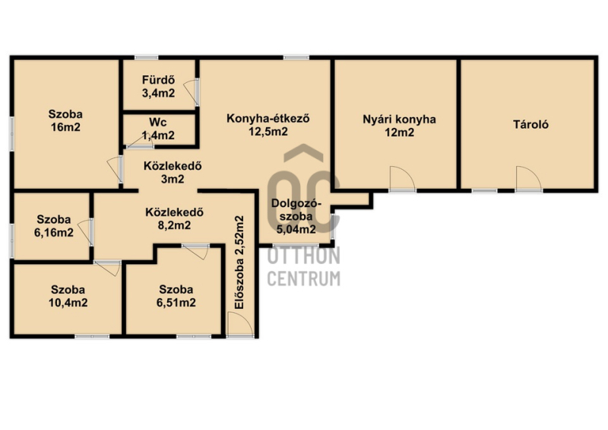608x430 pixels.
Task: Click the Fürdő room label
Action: pyautogui.click(x=158, y=80)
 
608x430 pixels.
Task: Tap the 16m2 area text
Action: pyautogui.click(x=65, y=127)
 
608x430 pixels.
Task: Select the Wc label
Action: pyautogui.click(x=158, y=123)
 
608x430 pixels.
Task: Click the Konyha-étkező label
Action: pyautogui.click(x=268, y=118)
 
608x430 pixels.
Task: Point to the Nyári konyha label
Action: pyautogui.click(x=400, y=119)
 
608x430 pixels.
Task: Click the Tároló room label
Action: pyautogui.click(x=530, y=124)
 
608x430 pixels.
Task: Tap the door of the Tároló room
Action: pyautogui.click(x=528, y=179)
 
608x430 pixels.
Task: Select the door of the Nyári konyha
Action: pyautogui.click(x=402, y=179)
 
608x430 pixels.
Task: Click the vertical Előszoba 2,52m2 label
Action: pyautogui.click(x=239, y=263)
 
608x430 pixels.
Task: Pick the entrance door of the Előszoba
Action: pyautogui.click(x=241, y=325)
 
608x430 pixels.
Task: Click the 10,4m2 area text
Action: pyautogui.click(x=68, y=303)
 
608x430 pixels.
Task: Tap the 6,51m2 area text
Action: pyautogui.click(x=176, y=303)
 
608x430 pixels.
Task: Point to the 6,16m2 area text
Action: pyautogui.click(x=54, y=233)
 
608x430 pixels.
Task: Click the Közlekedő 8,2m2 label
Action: pyautogui.click(x=175, y=218)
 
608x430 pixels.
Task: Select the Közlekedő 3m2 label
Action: pyautogui.click(x=173, y=173)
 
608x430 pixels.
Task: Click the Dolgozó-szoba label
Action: pyautogui.click(x=296, y=216)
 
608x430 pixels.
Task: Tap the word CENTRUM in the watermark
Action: pyautogui.click(x=303, y=279)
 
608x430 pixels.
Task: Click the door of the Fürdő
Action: pyautogui.click(x=192, y=92)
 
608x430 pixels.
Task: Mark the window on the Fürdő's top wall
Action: pyautogui.click(x=146, y=58)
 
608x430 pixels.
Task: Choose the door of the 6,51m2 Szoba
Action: pyautogui.click(x=195, y=251)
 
